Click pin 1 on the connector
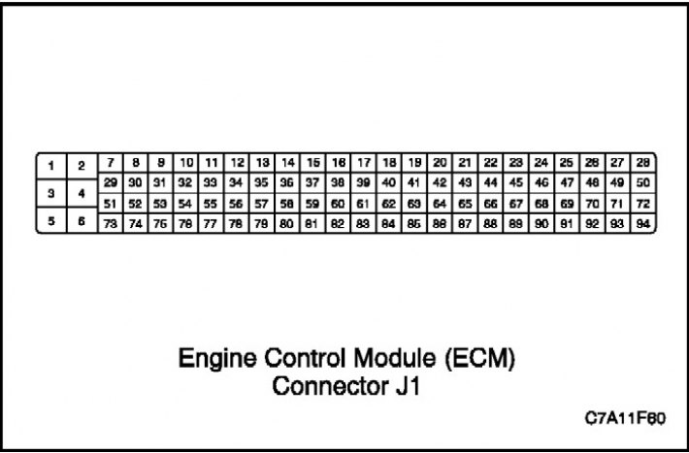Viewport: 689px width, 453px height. (51, 166)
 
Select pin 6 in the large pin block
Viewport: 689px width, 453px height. (82, 220)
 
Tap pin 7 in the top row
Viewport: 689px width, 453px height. (111, 163)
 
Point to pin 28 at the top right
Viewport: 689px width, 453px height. (642, 163)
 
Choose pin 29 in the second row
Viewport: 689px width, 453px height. (111, 182)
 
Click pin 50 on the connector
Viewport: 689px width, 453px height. (642, 182)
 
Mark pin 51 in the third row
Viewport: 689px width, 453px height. (111, 204)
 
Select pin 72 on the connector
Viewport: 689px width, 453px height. (642, 204)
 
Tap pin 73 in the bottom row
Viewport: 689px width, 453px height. (111, 224)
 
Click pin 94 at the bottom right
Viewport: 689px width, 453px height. (642, 224)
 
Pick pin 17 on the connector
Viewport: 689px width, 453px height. (364, 163)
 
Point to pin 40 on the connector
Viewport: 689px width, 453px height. (389, 182)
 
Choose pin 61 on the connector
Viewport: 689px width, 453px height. (364, 204)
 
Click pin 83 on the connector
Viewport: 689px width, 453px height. (364, 224)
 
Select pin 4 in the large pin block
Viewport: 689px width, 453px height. (82, 193)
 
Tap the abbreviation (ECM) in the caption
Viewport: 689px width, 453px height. (479, 359)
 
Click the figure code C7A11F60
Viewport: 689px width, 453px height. (625, 418)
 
